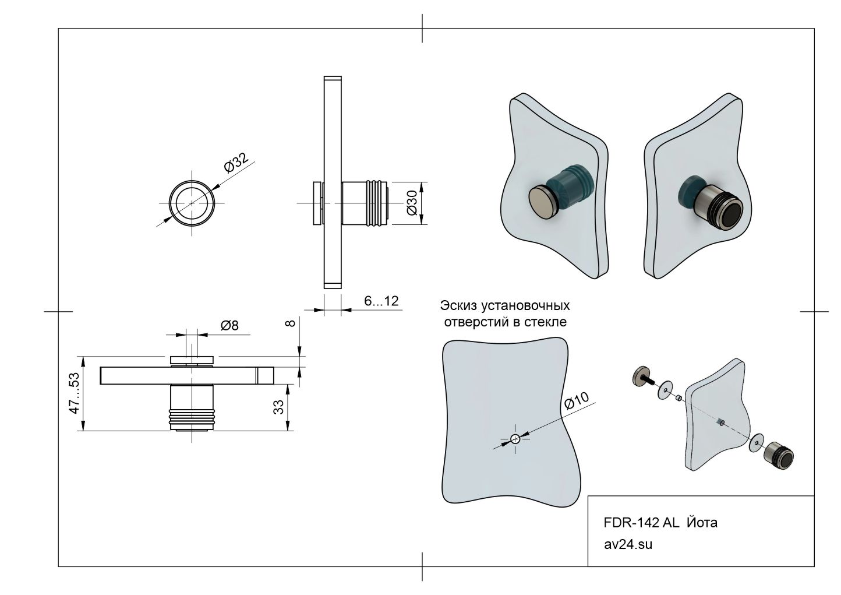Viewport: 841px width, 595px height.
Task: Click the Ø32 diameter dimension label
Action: point(236,163)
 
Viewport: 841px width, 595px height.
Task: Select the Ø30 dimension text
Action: point(411,203)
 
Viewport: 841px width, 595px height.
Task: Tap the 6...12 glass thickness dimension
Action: point(381,301)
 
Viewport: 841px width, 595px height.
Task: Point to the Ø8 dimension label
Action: point(229,325)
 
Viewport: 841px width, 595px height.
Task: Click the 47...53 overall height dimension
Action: point(74,394)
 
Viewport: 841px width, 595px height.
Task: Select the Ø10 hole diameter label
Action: point(577,402)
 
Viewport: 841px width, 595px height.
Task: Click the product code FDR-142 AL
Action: point(641,523)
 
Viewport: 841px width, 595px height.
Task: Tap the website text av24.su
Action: point(628,545)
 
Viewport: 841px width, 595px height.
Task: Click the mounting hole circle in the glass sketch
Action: point(515,439)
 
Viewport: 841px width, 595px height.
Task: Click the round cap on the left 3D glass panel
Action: point(543,201)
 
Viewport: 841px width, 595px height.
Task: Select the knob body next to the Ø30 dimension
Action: point(365,203)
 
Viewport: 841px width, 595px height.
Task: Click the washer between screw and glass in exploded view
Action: point(665,390)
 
